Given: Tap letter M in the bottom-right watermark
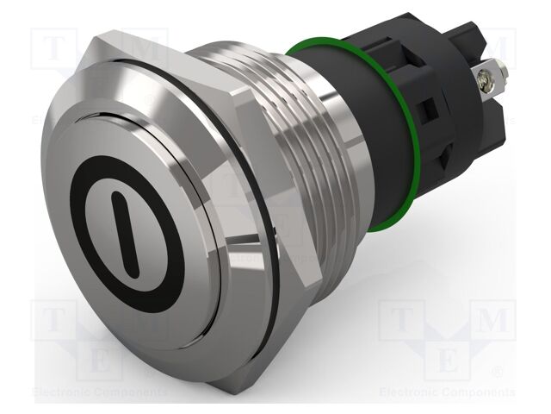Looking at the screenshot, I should [492, 320].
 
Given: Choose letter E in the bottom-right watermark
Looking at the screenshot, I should [447, 359].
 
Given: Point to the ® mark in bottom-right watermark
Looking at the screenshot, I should [498, 373].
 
